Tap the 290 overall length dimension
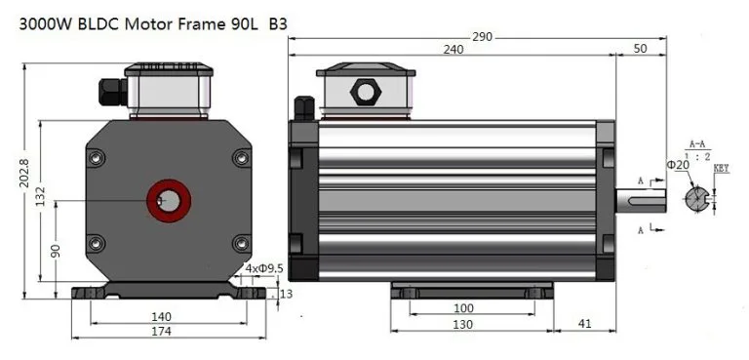[x=479, y=37]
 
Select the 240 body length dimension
[x=453, y=50]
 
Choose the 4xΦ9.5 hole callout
[x=263, y=267]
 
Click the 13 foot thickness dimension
[x=285, y=294]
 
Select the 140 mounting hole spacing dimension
[x=162, y=316]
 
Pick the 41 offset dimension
[x=585, y=324]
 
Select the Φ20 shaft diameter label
[x=678, y=165]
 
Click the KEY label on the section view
[x=722, y=169]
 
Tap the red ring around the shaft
[x=169, y=200]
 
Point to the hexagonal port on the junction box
[x=366, y=91]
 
